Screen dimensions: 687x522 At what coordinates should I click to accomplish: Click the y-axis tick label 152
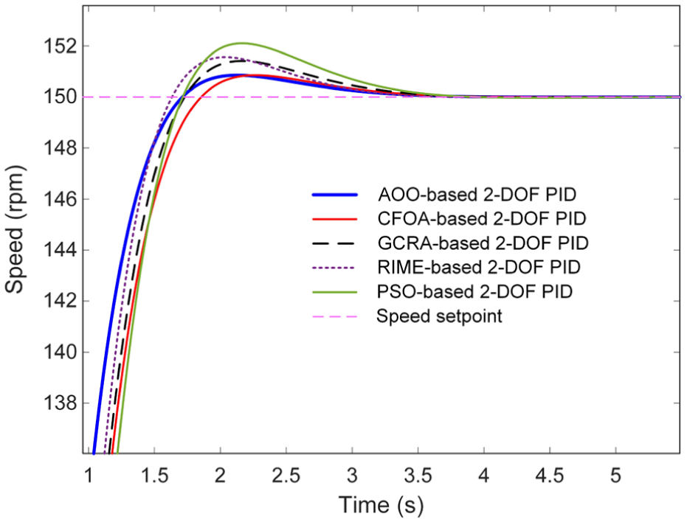(59, 46)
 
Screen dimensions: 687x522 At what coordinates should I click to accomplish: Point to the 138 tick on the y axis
(59, 403)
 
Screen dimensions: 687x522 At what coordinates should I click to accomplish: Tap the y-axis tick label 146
(59, 199)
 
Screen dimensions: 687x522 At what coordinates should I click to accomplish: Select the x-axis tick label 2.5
(286, 475)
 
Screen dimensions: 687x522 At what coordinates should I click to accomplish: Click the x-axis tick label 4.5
(550, 475)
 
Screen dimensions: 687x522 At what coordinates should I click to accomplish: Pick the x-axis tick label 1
(89, 475)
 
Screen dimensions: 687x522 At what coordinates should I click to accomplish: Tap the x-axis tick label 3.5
(418, 475)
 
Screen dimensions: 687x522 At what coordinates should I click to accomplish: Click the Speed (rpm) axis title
(15, 229)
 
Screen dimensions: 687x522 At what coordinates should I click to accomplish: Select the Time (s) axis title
(382, 504)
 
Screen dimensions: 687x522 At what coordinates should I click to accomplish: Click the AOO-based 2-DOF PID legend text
(477, 195)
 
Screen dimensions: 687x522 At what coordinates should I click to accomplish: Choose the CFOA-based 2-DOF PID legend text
(482, 218)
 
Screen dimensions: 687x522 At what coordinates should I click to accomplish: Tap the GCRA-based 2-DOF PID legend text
(483, 243)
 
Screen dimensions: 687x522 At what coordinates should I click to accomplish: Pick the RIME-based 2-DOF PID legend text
(479, 267)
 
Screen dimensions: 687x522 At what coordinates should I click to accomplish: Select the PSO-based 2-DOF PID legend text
(475, 291)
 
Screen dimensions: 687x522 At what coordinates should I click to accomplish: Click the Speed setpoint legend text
(440, 316)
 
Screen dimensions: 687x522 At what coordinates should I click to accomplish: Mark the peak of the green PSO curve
(241, 43)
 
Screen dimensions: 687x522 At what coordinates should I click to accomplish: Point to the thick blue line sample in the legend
(335, 195)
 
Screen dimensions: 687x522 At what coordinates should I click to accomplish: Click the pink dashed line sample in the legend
(335, 316)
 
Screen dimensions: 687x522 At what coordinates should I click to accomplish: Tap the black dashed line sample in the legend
(335, 243)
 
